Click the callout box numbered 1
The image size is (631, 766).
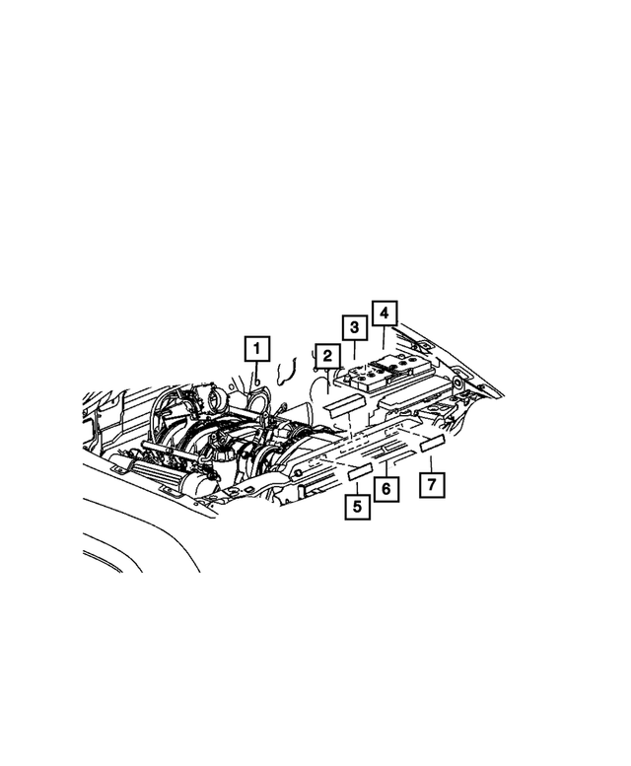tap(256, 349)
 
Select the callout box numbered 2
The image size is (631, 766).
tap(324, 356)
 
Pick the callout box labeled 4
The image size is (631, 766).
tap(384, 313)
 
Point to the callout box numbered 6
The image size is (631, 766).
tap(386, 488)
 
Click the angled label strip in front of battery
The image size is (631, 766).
tap(346, 401)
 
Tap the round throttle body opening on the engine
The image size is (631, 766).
tap(216, 399)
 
